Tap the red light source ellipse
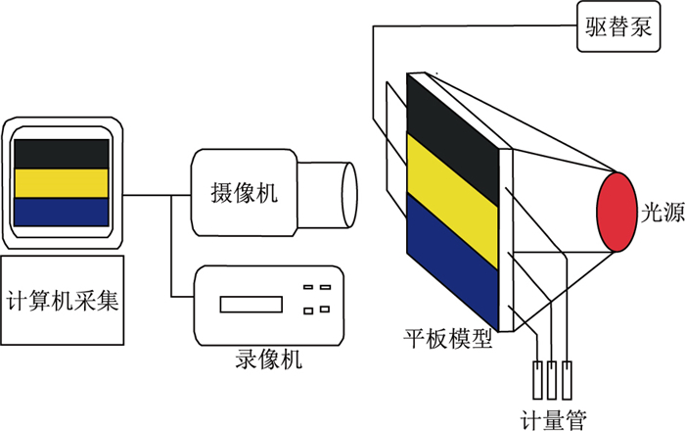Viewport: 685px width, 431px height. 619,212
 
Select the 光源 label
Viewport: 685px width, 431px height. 661,214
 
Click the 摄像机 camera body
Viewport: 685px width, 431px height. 244,192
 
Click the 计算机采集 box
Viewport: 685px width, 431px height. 63,300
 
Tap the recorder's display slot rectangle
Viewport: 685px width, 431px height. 244,303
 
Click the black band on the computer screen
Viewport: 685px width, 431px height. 60,154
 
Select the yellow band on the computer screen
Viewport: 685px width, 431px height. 60,183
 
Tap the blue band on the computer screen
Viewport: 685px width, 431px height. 60,213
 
